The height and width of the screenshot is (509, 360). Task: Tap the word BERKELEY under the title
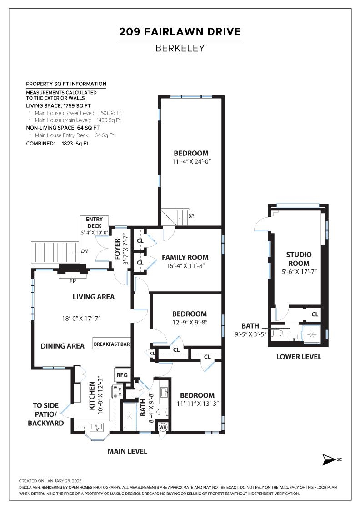click(180, 48)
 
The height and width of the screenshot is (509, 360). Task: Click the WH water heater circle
click(163, 427)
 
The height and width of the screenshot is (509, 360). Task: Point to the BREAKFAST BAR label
click(112, 344)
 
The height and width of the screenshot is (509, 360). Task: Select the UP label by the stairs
click(192, 215)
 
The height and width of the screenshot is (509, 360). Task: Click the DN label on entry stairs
click(84, 251)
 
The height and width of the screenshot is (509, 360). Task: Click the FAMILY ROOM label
click(185, 258)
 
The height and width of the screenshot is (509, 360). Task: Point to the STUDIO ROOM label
click(298, 259)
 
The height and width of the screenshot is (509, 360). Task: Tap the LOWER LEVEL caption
click(299, 357)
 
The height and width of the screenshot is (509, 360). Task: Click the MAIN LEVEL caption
click(127, 451)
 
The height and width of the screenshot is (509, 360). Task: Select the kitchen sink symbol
click(97, 427)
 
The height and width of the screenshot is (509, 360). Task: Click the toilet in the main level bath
click(162, 412)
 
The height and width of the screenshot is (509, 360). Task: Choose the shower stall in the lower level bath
click(312, 334)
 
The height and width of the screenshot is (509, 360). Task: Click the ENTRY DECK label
click(94, 222)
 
